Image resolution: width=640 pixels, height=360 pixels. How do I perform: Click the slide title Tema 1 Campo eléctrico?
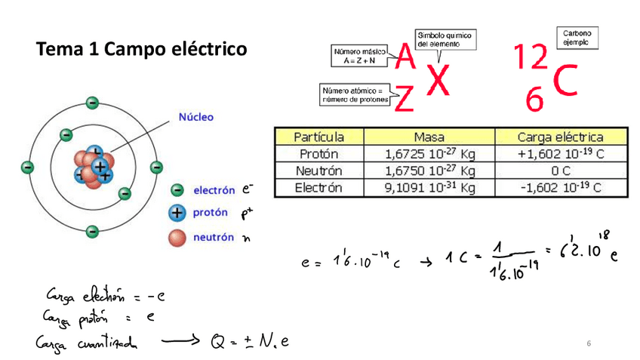[x=141, y=51]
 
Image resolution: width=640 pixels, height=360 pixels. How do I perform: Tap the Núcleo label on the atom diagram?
[x=195, y=117]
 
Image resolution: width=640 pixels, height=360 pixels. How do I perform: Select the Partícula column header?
[x=318, y=137]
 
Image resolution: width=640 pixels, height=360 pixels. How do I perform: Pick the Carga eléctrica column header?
[x=560, y=137]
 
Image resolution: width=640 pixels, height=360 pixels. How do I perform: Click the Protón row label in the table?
[x=318, y=154]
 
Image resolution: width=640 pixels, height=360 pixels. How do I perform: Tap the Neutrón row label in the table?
[x=318, y=171]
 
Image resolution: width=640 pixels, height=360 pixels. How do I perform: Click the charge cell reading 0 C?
[x=560, y=171]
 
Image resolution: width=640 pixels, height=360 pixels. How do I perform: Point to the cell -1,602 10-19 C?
[x=560, y=188]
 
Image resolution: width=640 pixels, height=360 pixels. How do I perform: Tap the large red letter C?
[x=568, y=82]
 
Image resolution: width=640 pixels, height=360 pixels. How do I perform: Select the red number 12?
[x=531, y=56]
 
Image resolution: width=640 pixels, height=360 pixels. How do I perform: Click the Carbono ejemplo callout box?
[x=577, y=38]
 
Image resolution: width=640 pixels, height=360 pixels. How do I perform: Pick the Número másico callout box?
[x=358, y=55]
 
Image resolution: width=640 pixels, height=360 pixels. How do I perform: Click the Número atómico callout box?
[x=355, y=94]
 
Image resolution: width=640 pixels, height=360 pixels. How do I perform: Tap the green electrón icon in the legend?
[x=178, y=191]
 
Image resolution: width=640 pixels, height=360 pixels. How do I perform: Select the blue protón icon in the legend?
[x=178, y=214]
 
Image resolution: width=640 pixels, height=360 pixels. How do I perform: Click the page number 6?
[x=588, y=344]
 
